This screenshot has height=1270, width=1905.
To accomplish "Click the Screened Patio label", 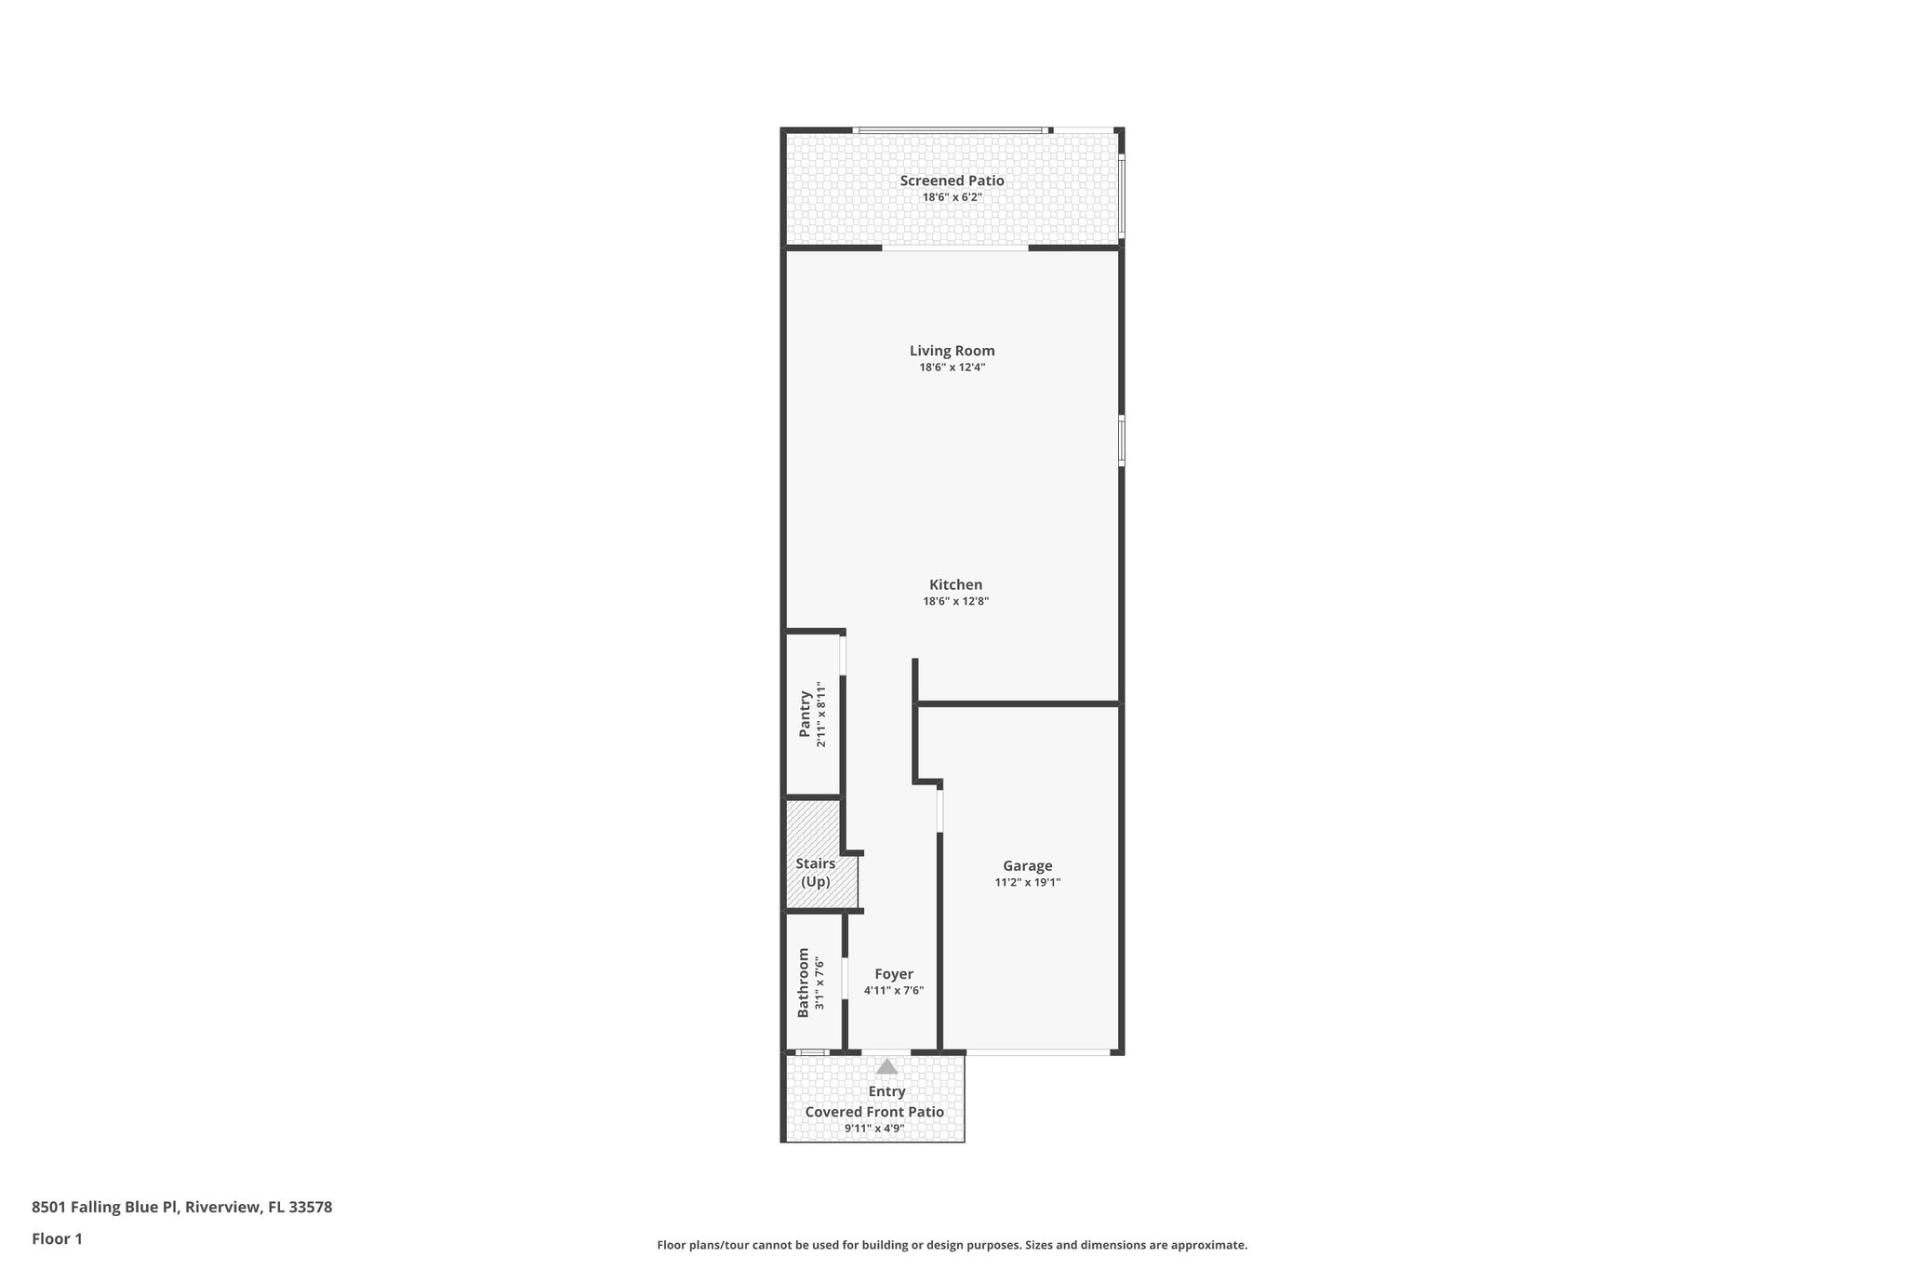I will coord(952,180).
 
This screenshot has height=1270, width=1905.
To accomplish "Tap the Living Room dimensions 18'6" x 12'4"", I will coord(952,368).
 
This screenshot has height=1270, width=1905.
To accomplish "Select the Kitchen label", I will coord(955,584).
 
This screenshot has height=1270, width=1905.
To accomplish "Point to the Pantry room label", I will coord(805,714).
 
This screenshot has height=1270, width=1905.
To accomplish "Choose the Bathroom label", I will coord(804,983).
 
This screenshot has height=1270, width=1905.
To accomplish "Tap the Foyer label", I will coord(893,974).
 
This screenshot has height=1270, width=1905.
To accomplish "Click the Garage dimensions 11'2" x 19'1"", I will coord(1027,882).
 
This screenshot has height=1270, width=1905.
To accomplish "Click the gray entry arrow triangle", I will coord(886,1066).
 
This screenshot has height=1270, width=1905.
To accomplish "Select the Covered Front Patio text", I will coord(873,1112).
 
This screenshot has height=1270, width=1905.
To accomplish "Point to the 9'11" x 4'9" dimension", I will coord(873,1129).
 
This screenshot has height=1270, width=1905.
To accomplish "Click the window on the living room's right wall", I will coord(1122,440).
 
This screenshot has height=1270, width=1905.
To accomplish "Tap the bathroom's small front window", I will coord(812,1052).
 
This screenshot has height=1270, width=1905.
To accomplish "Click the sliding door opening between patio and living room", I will coord(954,247).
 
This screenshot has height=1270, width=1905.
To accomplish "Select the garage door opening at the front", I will coord(1037,1052).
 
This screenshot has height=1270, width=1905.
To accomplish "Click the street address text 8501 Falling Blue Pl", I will coord(181,1207).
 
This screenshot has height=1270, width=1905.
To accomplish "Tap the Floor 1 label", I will coord(57,1238).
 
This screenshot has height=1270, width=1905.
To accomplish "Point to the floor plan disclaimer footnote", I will coord(952,1245).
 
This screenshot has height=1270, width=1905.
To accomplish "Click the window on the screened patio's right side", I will coord(1122,196).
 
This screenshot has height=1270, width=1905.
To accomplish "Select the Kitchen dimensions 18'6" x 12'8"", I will coord(955,601).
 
